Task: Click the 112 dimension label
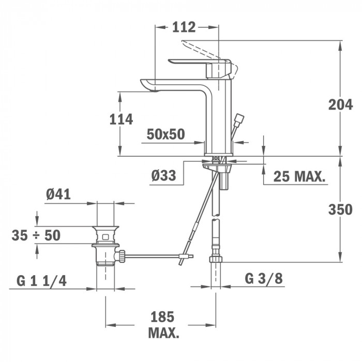coord(184,27)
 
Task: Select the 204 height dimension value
coord(340,105)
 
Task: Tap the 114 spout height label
coord(121,119)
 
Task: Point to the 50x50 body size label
coord(166,134)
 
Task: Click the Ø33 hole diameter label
coord(164,175)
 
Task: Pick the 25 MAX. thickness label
coord(299,177)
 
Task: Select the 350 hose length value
coord(340,209)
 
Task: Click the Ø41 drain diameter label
coord(58,194)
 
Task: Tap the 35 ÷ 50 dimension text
coord(36,235)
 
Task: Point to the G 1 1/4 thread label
coord(41,281)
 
